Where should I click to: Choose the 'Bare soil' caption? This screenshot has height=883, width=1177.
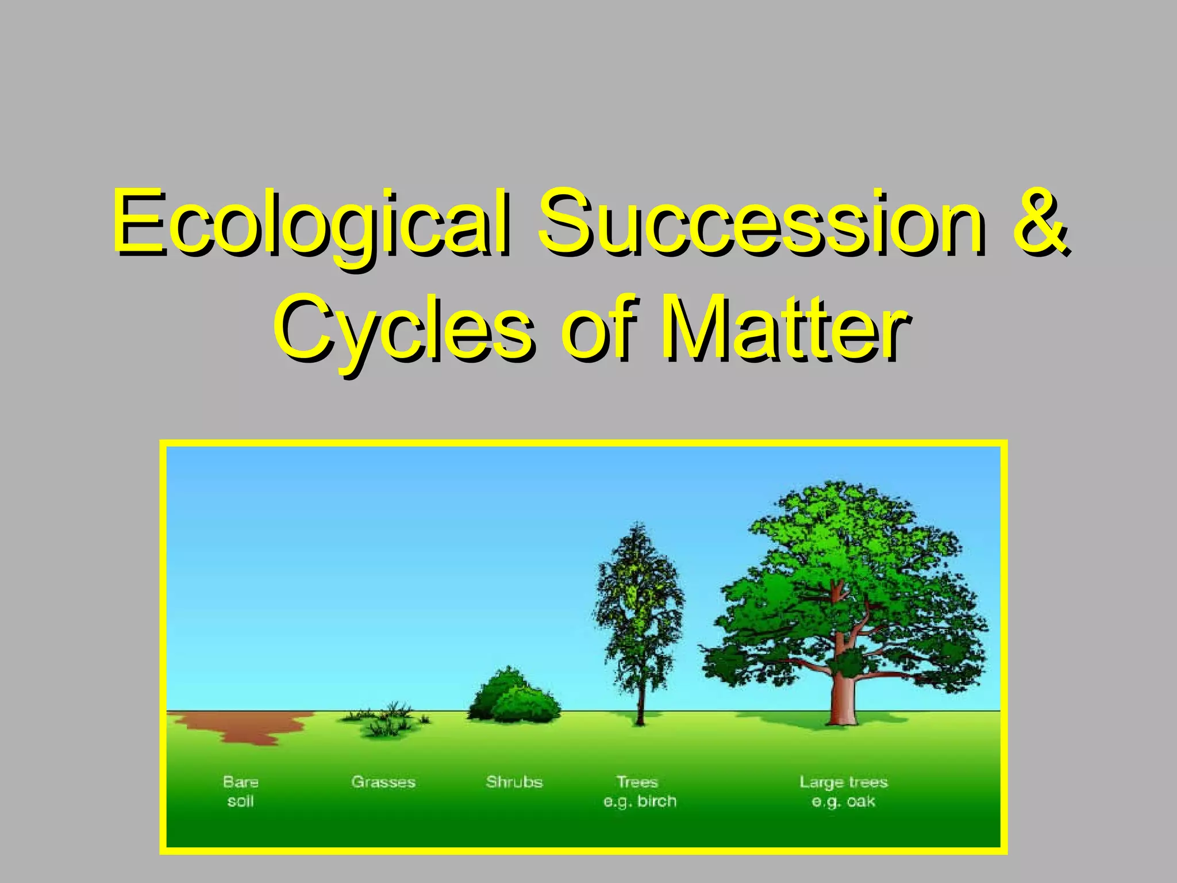coord(241,792)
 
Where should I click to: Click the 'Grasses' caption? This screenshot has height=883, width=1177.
coord(383,782)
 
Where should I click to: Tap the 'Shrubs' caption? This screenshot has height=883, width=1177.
coord(514,782)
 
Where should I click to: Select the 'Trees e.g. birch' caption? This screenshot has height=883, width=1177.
coord(639,792)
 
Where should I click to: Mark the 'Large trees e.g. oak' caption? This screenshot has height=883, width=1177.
coord(843,792)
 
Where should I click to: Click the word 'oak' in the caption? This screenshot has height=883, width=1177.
coord(860,801)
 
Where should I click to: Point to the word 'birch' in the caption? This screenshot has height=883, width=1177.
coord(656,801)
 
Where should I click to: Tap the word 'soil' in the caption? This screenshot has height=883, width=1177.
coord(241,801)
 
